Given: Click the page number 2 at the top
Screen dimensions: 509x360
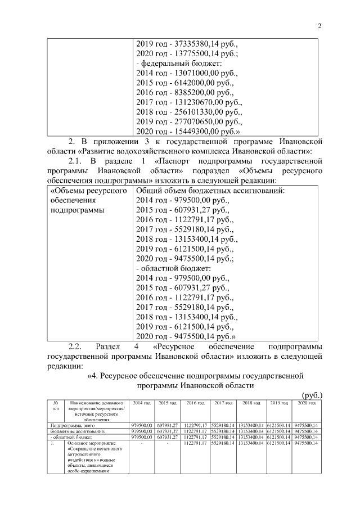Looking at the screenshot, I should [x=318, y=25].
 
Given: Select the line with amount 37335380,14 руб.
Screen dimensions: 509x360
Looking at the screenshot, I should [x=187, y=43].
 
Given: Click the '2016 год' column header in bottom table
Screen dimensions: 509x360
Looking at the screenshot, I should [x=195, y=403].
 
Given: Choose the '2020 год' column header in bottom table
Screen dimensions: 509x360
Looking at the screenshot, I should [x=307, y=403].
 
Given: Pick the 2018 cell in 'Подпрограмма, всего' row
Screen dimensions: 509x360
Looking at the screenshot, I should [x=251, y=425].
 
